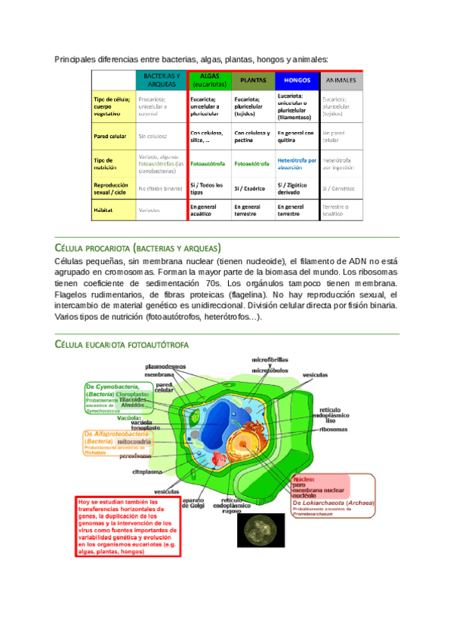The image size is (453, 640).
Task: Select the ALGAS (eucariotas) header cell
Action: click(x=208, y=80)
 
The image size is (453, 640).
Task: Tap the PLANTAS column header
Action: click(x=252, y=80)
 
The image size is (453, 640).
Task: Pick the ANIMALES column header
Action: click(x=341, y=80)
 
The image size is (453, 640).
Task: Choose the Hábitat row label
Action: click(x=104, y=210)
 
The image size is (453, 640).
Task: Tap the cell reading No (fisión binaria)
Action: click(x=160, y=188)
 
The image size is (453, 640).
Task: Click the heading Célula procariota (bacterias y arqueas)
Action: click(x=137, y=248)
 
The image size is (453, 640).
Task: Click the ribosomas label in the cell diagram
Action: click(x=333, y=429)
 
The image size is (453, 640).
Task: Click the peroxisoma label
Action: click(x=135, y=456)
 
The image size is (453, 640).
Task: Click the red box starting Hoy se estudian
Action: click(x=126, y=526)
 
